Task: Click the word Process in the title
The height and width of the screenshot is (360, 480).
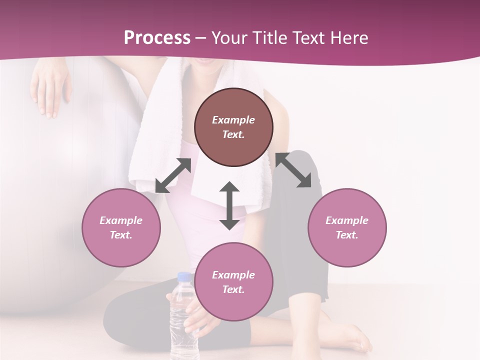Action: [x=157, y=38]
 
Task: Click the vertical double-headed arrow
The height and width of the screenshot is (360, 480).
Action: [x=229, y=205]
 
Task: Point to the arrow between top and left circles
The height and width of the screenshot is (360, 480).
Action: [x=173, y=175]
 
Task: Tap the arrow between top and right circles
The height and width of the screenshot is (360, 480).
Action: [x=293, y=170]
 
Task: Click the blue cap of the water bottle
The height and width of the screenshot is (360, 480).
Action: [x=184, y=277]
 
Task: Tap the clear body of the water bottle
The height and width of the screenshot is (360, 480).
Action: [x=183, y=325]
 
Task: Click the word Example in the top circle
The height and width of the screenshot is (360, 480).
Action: [x=233, y=120]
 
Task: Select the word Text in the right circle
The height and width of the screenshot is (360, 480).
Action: [x=347, y=235]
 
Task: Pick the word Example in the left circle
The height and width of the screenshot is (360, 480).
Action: [x=121, y=220]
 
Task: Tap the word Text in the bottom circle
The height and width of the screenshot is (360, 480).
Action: [x=233, y=289]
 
